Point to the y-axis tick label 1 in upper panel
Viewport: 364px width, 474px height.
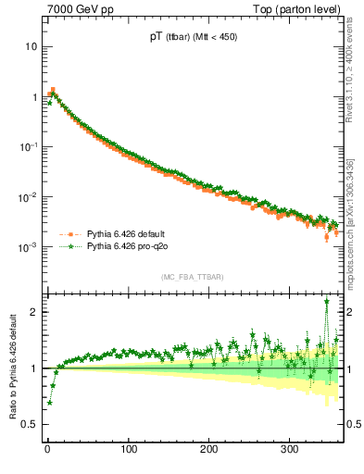(33, 96)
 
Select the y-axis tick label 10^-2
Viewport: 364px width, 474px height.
(29, 197)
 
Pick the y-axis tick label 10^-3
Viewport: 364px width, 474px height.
(29, 247)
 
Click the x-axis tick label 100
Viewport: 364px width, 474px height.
(129, 450)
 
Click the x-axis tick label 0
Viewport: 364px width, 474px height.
(47, 450)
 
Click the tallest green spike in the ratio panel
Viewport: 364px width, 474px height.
(327, 301)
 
